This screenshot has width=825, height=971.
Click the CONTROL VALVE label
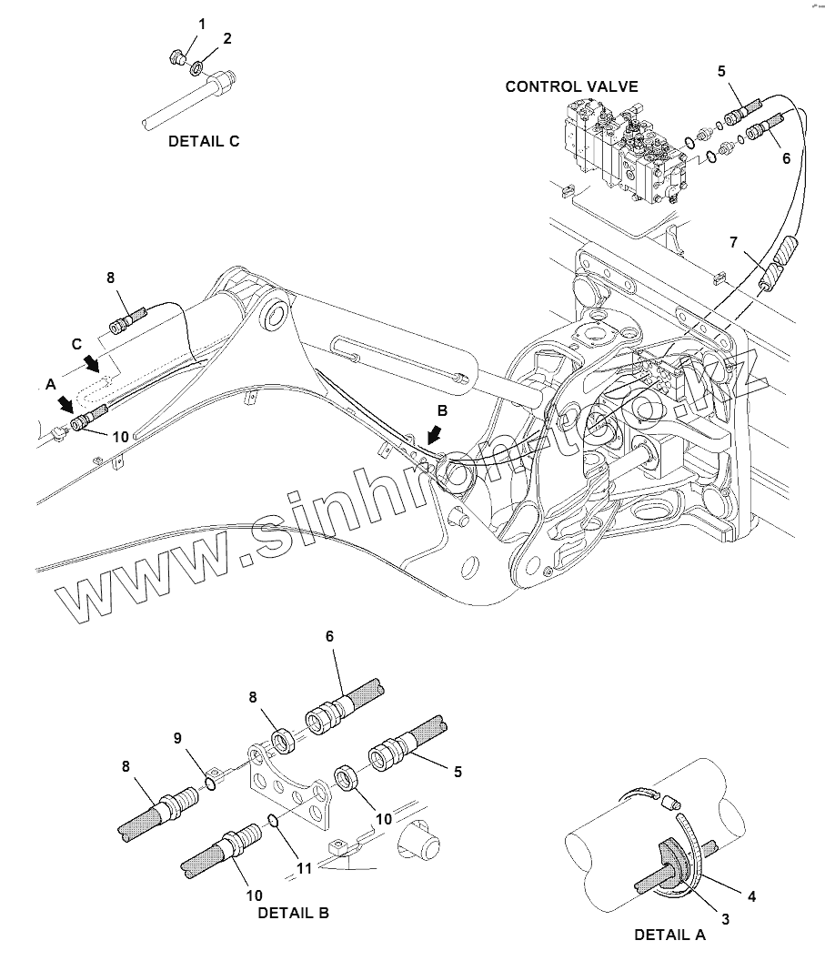click(x=571, y=86)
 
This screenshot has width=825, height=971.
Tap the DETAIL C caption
click(x=204, y=141)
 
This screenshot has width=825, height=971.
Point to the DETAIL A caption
click(x=669, y=936)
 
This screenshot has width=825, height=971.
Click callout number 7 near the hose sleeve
click(x=733, y=242)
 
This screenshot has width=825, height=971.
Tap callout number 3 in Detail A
click(x=725, y=919)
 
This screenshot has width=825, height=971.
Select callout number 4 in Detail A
click(x=751, y=896)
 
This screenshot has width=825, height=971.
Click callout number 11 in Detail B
click(x=305, y=868)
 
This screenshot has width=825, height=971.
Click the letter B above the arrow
click(x=442, y=410)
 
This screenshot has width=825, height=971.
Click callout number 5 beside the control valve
click(x=721, y=70)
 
